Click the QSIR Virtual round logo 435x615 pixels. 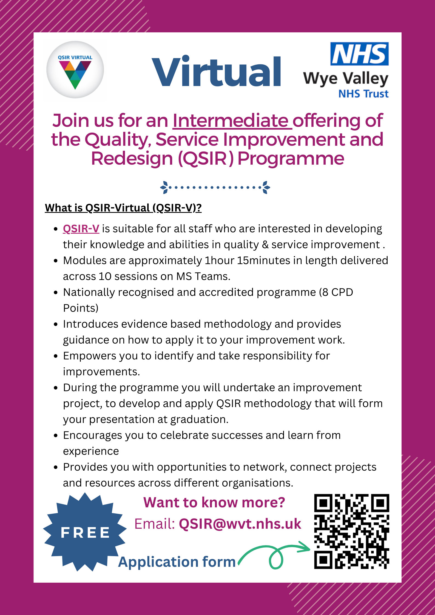click(75, 70)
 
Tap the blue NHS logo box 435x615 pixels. click(359, 54)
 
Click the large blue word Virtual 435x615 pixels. click(217, 72)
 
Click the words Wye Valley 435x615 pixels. click(346, 79)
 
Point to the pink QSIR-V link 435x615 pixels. click(81, 228)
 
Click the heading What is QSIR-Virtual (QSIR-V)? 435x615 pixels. click(123, 208)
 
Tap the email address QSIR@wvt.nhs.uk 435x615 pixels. click(240, 524)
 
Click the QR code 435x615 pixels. click(351, 531)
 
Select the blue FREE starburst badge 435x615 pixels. click(85, 532)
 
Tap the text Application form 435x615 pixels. click(177, 562)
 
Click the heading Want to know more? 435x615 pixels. click(214, 502)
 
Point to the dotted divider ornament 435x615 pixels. click(215, 187)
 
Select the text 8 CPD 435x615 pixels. click(337, 292)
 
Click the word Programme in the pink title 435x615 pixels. click(291, 159)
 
